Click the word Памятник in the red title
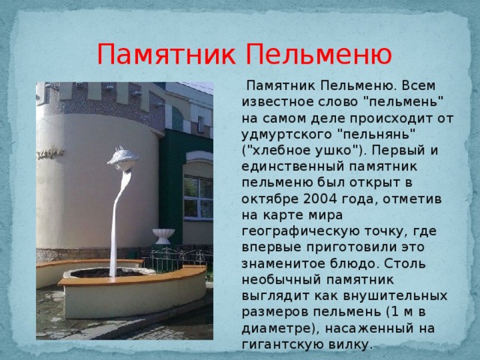166,55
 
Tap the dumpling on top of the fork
123,158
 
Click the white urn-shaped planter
163,236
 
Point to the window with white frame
198,197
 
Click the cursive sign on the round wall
50,153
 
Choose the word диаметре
280,328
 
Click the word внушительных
395,296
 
